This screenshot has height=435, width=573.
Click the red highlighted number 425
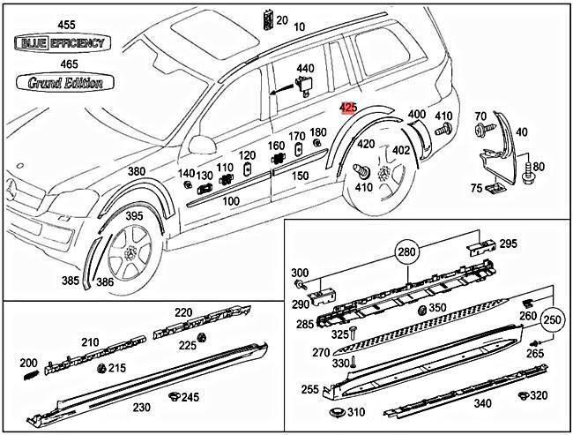(x=348, y=108)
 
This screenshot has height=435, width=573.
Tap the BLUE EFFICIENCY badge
(x=59, y=42)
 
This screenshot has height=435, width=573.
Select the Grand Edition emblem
(x=59, y=83)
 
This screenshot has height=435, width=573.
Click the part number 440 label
(x=305, y=68)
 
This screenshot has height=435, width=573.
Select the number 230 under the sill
(x=141, y=407)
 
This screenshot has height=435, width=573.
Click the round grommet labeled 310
(x=336, y=413)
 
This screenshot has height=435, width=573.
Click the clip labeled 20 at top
(x=268, y=19)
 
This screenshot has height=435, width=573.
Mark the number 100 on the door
(x=231, y=201)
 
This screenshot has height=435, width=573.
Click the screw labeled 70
(x=485, y=130)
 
